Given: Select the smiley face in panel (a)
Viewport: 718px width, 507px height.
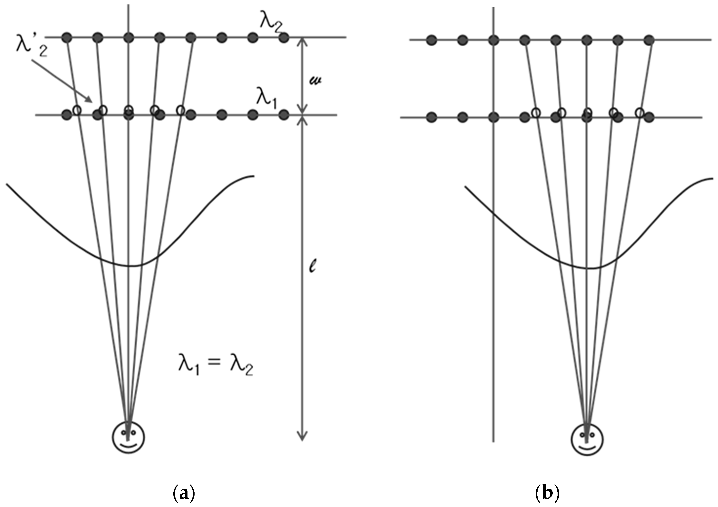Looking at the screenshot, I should pyautogui.click(x=128, y=437).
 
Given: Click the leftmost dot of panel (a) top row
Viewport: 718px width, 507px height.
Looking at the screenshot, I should pyautogui.click(x=67, y=38).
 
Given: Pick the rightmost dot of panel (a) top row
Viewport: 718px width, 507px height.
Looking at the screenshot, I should pyautogui.click(x=284, y=38).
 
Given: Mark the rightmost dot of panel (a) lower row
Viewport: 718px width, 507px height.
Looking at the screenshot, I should pyautogui.click(x=284, y=115).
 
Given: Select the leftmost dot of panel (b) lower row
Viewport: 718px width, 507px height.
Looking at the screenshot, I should pyautogui.click(x=432, y=117).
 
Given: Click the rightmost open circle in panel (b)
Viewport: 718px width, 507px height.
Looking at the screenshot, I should pyautogui.click(x=640, y=112).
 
